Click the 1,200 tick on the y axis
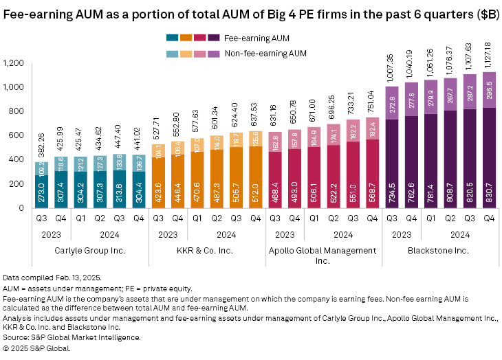(x=12, y=63)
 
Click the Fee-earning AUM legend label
(x=251, y=38)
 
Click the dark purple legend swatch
(x=216, y=38)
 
